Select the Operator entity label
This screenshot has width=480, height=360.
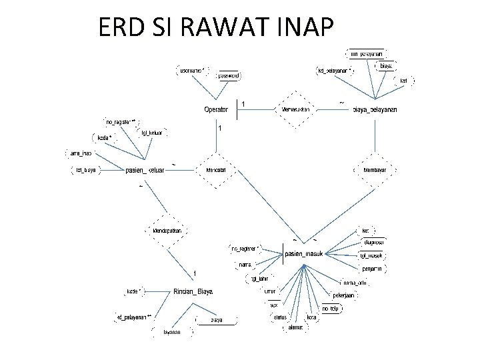216,109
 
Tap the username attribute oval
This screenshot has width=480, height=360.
193,69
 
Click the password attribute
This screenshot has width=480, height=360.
229,76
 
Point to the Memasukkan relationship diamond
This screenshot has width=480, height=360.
294,109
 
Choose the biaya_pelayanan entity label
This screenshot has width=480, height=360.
375,109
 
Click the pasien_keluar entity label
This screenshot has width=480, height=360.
145,170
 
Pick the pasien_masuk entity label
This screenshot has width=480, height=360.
304,254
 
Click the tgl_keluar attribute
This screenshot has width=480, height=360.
152,132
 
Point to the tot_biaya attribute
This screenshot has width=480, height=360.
84,169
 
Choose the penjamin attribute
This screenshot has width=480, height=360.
371,268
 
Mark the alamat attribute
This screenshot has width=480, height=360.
294,327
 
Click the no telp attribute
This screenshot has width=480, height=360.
331,309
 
